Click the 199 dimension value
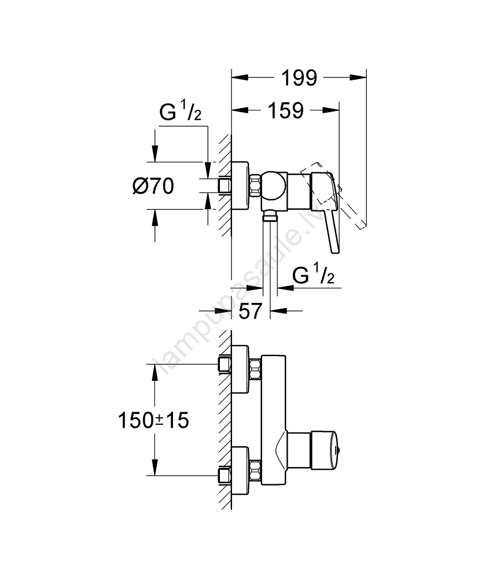tap(300, 77)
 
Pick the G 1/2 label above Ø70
tap(179, 114)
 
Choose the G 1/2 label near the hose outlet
tap(314, 276)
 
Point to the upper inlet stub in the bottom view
tap(225, 364)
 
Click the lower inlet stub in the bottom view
tap(225, 475)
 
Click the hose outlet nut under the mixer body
tap(270, 217)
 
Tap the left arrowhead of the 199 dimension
tap(237, 77)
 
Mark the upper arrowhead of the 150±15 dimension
tap(154, 371)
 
